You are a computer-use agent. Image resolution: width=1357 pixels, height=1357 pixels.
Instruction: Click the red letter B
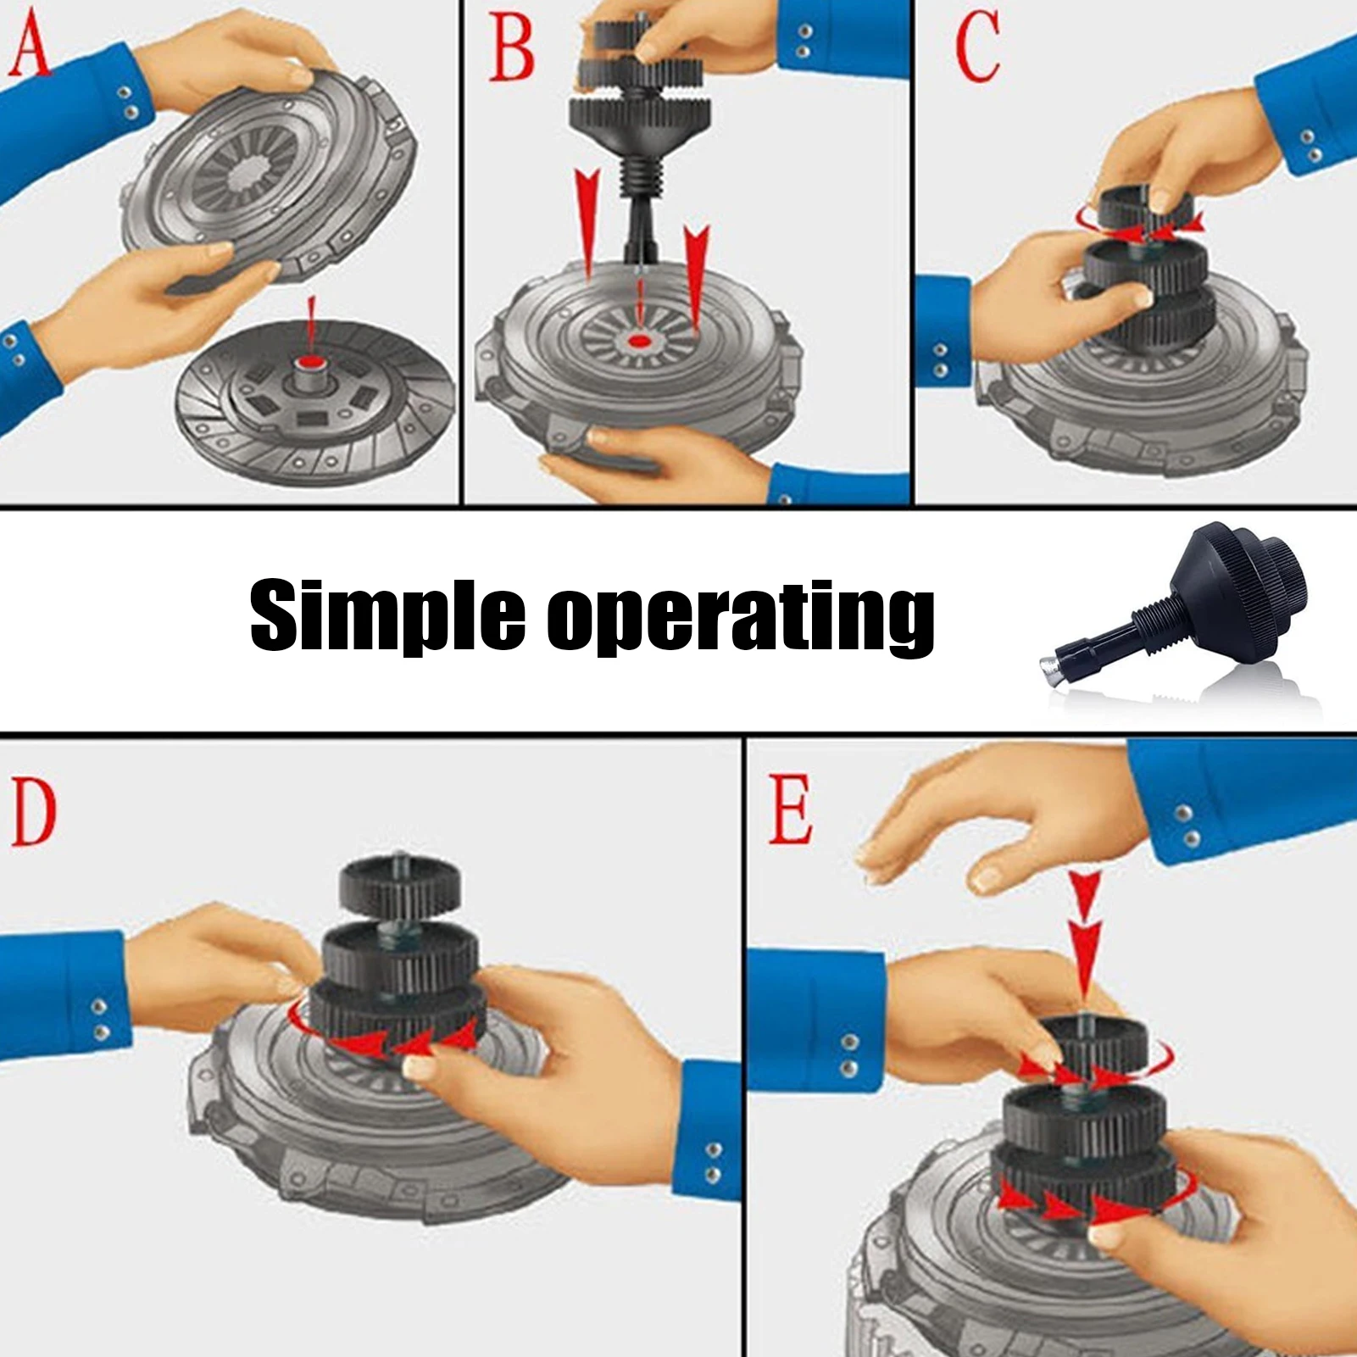(512, 47)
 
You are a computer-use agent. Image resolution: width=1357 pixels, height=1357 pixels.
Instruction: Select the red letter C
(977, 49)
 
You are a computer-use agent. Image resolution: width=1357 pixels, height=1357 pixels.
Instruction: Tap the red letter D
(34, 814)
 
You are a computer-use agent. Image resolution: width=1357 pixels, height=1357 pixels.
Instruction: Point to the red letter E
(790, 811)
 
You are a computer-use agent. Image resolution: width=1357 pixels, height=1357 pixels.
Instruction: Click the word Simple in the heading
(388, 615)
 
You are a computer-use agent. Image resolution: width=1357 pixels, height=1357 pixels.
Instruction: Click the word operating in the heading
(741, 616)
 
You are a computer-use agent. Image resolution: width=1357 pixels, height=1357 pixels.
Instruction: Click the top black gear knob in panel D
(401, 883)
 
